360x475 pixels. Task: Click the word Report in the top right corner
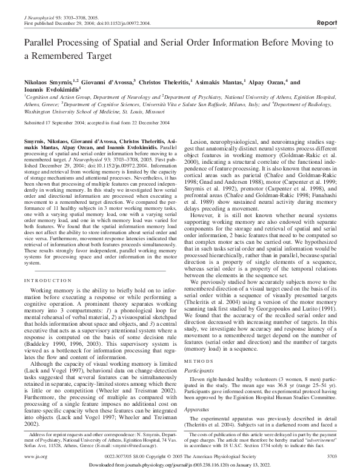[x=327, y=22]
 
